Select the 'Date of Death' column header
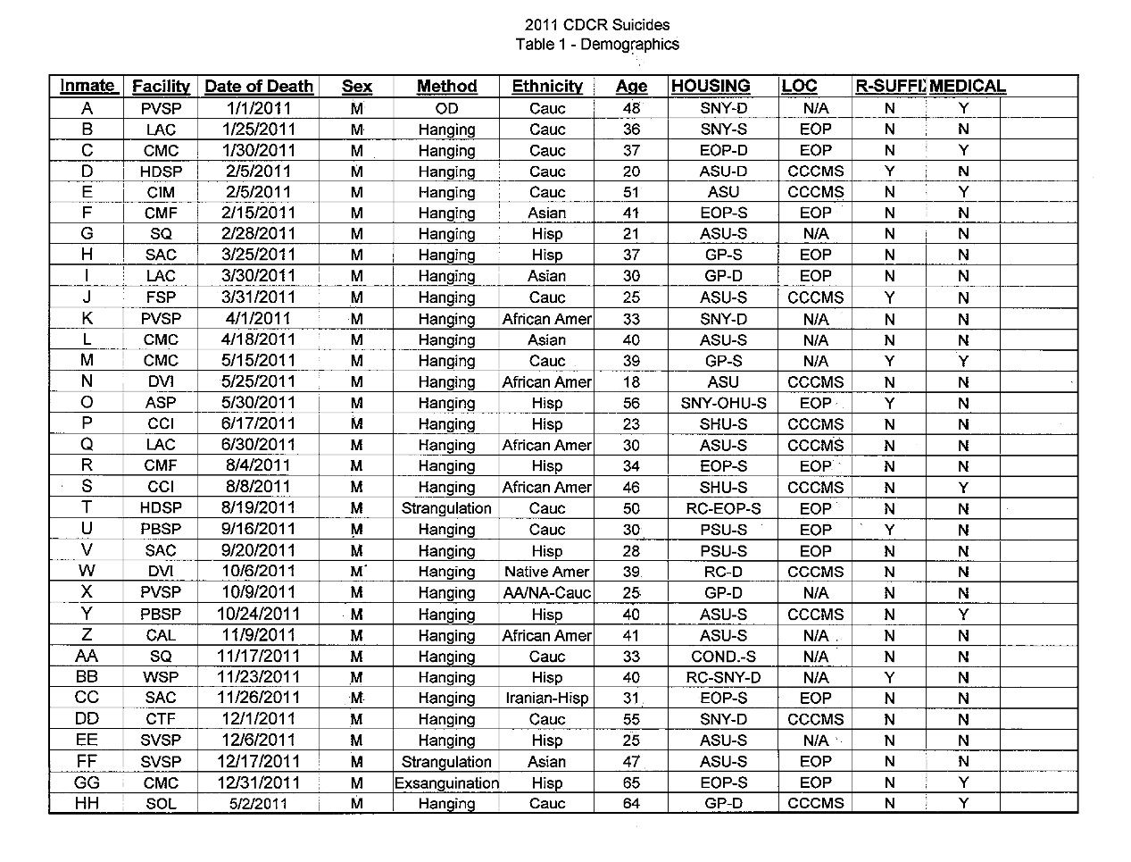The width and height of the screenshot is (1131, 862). pos(259,87)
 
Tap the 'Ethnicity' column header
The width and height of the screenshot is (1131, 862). pos(547,87)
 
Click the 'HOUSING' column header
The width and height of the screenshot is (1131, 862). pos(711,87)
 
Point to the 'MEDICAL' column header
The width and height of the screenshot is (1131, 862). pos(968,87)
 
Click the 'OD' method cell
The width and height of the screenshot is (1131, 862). pos(446,108)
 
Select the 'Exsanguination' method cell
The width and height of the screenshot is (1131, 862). pos(446,783)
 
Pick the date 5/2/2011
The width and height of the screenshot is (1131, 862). pos(258,804)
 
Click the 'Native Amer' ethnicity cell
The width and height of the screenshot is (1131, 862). pos(546,572)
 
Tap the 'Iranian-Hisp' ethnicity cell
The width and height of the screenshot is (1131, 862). pos(546,699)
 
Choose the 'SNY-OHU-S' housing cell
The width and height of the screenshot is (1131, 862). pos(723,403)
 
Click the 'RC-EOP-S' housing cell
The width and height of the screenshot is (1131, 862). pos(723,508)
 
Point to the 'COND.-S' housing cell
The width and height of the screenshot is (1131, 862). pos(723,657)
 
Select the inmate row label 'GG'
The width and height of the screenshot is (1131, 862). pos(87,782)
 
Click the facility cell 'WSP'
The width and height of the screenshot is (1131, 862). pos(161,678)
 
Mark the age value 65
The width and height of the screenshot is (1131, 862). pos(631,783)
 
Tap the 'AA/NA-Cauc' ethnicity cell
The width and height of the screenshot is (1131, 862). pos(546,593)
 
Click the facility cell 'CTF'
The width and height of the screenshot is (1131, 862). pos(161,720)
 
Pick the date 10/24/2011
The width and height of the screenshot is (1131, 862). pos(258,615)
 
